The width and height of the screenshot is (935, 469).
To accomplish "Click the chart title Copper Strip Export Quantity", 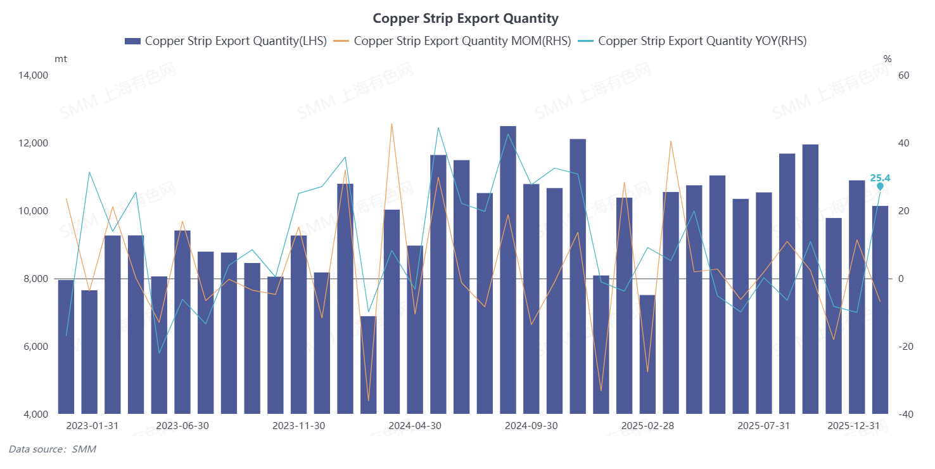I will point(466,18).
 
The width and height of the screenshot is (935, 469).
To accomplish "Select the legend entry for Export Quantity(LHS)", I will point(226,41).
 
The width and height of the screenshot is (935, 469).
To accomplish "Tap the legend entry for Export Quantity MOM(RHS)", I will point(453,41).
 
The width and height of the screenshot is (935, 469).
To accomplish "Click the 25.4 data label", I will point(880,178).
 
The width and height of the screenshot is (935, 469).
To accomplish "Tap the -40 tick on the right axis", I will point(903,414).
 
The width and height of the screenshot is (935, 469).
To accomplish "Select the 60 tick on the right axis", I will point(904,75).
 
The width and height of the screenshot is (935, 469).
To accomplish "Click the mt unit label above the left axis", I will point(61,59).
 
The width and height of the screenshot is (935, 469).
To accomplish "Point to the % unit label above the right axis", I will point(887,59).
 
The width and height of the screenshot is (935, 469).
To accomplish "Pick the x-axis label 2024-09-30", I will point(531,426).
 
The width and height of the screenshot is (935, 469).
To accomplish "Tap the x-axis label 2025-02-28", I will point(647,426).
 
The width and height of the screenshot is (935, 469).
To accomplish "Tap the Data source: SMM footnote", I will point(52,449).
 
